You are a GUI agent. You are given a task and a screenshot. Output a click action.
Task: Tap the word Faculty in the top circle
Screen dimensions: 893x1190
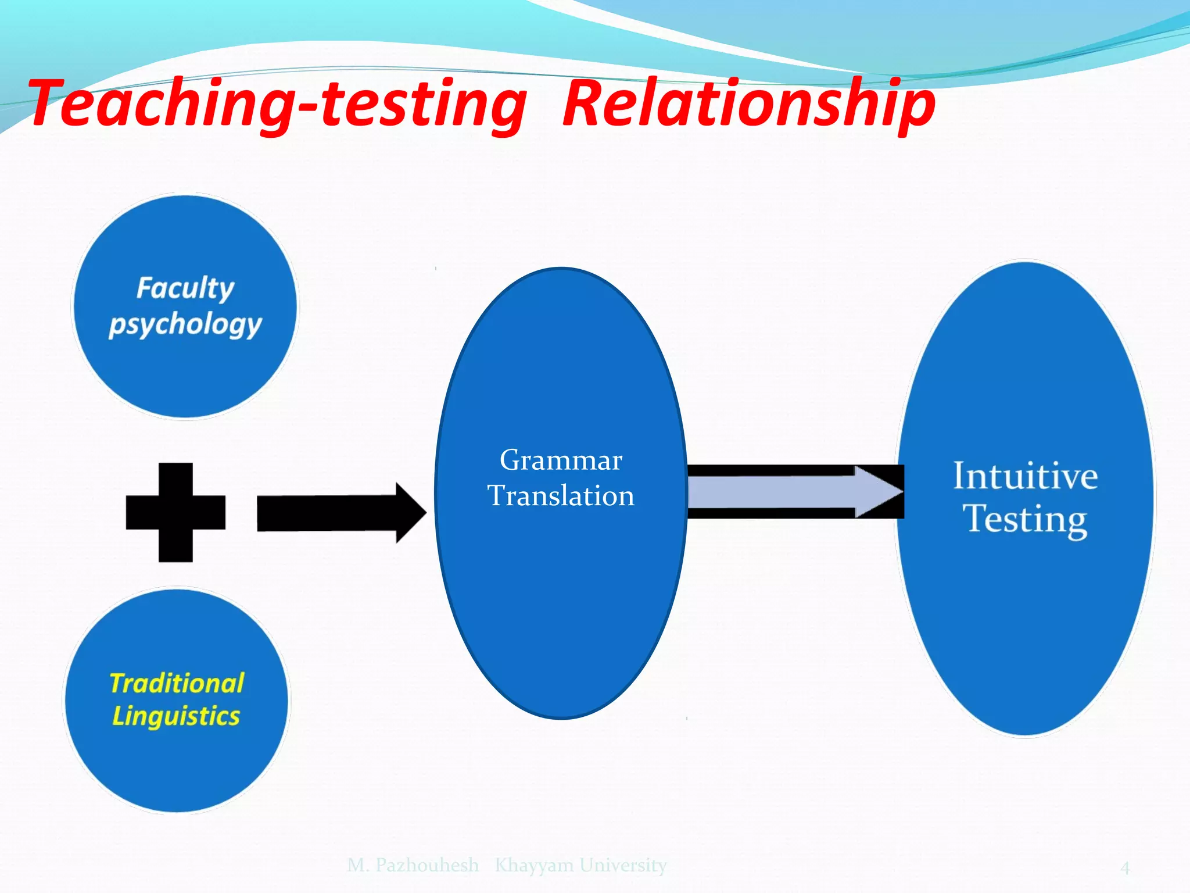pos(185,288)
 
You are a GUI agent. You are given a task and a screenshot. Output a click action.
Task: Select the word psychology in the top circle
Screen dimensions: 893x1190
pos(185,324)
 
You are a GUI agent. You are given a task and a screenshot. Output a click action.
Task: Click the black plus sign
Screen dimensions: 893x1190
pos(175,512)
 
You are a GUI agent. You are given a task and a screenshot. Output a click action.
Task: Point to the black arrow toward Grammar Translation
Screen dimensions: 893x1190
pos(337,513)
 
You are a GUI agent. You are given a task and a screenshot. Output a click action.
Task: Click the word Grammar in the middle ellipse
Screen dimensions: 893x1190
pos(561,460)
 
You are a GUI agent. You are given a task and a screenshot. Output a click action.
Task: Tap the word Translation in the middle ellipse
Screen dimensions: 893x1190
pos(561,496)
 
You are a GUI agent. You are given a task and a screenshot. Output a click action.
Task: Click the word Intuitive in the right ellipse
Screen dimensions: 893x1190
pos(1026,476)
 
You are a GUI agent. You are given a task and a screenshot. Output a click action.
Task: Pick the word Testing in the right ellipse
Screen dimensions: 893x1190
pos(1026,519)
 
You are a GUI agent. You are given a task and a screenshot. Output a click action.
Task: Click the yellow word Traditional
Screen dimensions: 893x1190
pos(177,683)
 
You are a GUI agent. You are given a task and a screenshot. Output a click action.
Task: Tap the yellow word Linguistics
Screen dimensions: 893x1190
pos(176,716)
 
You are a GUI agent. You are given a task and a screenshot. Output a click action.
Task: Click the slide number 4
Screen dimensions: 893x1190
pos(1125,868)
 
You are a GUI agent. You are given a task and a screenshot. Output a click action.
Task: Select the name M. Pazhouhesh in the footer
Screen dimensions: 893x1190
pos(413,865)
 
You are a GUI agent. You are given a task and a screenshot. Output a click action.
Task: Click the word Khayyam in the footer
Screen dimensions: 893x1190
pos(534,865)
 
